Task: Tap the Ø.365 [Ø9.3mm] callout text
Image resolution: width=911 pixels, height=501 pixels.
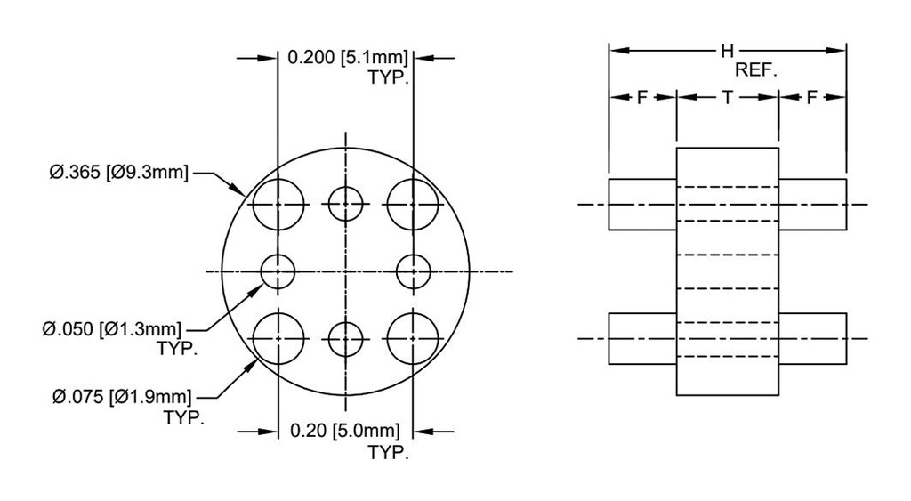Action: (119, 172)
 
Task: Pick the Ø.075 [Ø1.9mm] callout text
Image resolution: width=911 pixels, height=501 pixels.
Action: (119, 396)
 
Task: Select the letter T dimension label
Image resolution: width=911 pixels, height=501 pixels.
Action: (727, 98)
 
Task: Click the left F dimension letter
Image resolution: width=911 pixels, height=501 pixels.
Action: (641, 98)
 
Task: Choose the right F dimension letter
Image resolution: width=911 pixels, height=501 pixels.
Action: (811, 98)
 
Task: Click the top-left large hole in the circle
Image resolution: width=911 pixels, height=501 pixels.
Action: (278, 204)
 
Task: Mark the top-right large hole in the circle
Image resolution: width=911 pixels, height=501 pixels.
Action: (412, 204)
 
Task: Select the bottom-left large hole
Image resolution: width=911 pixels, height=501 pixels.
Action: (278, 338)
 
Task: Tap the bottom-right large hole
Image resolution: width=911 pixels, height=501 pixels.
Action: (412, 338)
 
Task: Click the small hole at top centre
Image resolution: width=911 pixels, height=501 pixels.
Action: (345, 204)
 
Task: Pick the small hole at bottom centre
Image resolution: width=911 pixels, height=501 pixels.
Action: (345, 338)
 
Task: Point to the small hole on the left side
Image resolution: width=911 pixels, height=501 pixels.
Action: (278, 271)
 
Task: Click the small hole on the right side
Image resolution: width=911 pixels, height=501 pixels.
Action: (412, 271)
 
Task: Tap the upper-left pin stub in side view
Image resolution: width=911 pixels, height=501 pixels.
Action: (642, 204)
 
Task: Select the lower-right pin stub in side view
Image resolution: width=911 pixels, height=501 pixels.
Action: (811, 338)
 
